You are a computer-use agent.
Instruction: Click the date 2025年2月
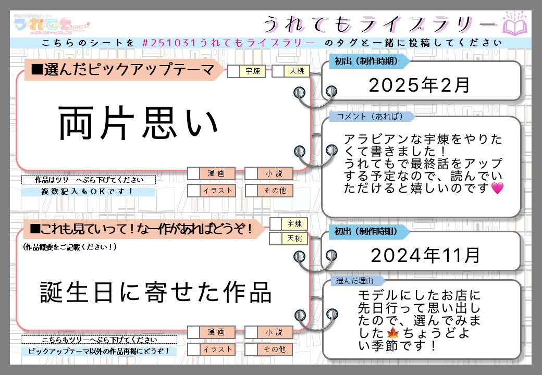click(x=419, y=85)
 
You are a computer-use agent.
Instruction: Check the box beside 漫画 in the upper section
click(x=194, y=173)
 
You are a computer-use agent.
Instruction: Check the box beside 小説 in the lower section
click(x=251, y=332)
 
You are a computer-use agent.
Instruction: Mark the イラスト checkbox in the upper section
click(x=194, y=191)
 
